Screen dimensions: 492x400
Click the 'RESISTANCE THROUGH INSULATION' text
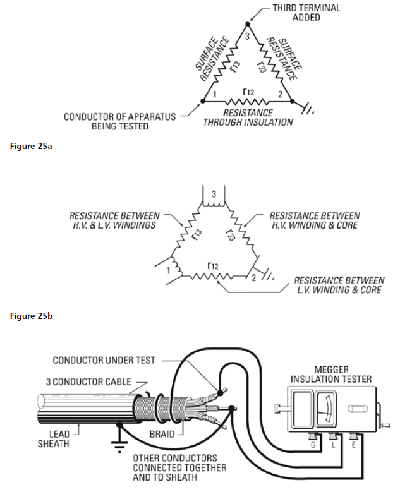(248, 117)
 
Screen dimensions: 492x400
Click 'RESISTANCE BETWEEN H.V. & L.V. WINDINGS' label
(114, 220)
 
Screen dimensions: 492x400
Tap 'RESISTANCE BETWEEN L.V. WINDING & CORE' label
(339, 285)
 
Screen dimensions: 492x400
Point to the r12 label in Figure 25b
(213, 267)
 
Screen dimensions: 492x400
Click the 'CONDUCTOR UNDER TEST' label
(103, 360)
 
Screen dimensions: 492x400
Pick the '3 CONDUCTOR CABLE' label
(88, 381)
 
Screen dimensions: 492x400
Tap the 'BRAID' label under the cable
(161, 435)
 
